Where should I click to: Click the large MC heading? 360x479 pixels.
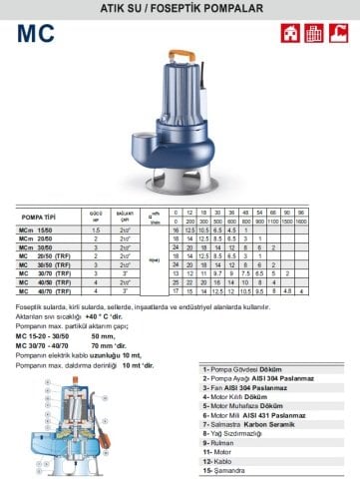pyautogui.click(x=39, y=32)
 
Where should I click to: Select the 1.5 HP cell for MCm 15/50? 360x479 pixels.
pyautogui.click(x=97, y=229)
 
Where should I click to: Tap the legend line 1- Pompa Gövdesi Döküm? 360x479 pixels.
pyautogui.click(x=244, y=368)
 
